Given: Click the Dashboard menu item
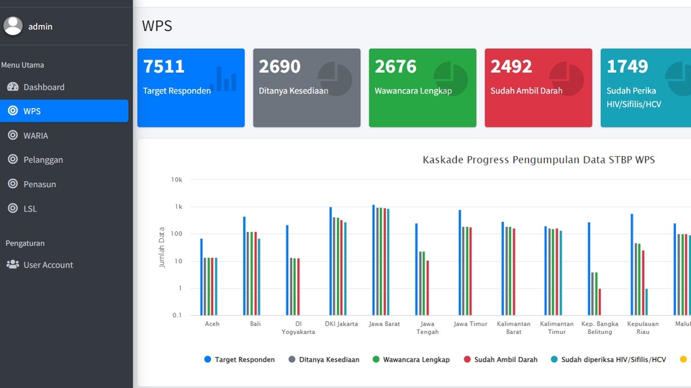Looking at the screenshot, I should pos(43,87).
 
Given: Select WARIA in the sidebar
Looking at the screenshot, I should pos(35,135).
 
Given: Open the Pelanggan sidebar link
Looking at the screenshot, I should pos(42,160).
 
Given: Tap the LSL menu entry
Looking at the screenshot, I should pos(30,209).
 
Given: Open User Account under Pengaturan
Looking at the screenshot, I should pos(48,265).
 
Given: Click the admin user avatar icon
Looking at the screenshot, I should pos(13,26).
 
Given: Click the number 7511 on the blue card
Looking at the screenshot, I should pos(164,67).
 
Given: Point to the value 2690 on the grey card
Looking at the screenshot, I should pos(279,67).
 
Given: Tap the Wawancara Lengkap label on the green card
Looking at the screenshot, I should pos(413,91).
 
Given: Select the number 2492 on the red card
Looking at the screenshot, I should pos(511,67).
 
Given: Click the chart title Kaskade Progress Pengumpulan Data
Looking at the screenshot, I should pos(538,160).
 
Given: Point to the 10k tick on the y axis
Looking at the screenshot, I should pos(176,179).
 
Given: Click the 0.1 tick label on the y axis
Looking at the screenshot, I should pos(177,315).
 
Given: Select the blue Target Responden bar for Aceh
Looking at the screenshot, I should pos(202,277).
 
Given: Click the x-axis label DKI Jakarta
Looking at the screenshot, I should pos(341,324).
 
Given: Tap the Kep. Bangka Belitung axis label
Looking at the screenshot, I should pos(600,328).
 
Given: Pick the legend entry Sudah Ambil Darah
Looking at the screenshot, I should pos(505,360).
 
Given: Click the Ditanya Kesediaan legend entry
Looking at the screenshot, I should pos(329,360).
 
